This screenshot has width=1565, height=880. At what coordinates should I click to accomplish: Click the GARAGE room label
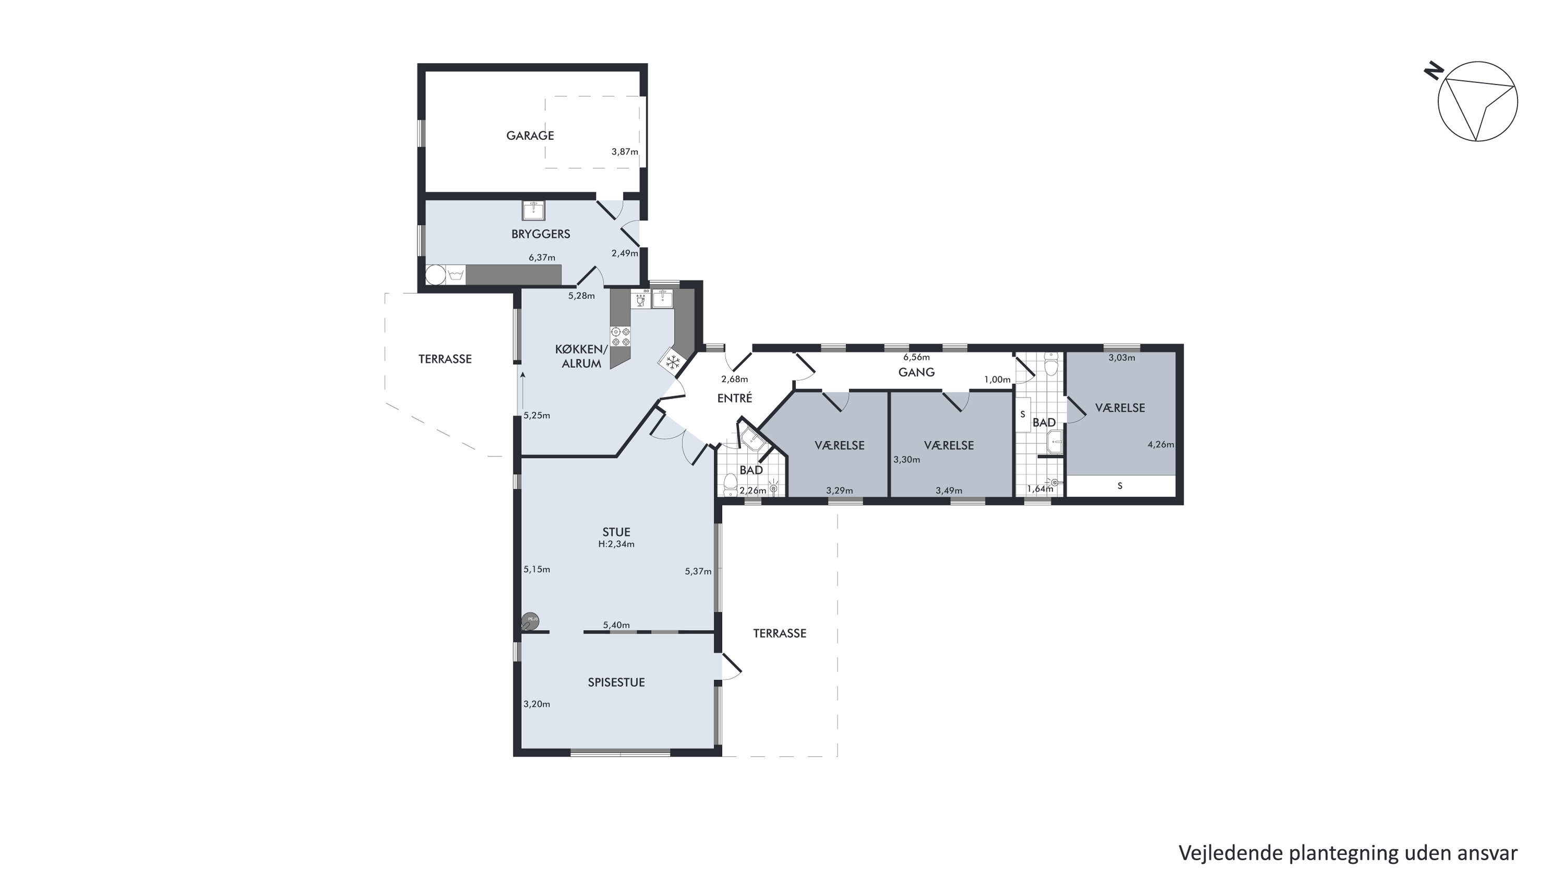click(x=530, y=136)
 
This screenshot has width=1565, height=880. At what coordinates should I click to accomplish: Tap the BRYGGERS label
click(x=541, y=234)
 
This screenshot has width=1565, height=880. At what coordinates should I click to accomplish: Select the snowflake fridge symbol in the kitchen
click(x=673, y=363)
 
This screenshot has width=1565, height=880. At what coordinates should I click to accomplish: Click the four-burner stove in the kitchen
click(x=620, y=336)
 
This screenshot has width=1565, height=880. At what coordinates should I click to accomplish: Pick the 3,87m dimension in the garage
click(x=625, y=152)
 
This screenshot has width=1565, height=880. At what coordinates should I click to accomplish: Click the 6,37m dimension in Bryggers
click(x=542, y=258)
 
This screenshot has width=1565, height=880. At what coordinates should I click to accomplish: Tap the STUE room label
click(x=616, y=532)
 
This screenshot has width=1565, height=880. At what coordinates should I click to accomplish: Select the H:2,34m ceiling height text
click(x=616, y=544)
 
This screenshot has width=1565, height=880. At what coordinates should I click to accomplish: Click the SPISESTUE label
click(x=616, y=682)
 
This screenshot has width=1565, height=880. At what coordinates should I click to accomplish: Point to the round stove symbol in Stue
click(x=530, y=621)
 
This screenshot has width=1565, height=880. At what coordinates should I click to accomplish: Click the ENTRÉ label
click(x=735, y=398)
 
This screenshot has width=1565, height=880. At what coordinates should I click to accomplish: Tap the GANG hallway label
click(x=916, y=372)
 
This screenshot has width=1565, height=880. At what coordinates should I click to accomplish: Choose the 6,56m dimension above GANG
click(x=916, y=357)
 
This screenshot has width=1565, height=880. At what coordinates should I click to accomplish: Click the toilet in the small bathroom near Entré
click(x=730, y=485)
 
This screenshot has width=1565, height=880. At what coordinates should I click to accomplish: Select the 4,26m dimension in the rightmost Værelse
click(x=1161, y=444)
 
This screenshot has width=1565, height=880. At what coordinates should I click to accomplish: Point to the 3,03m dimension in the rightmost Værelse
click(x=1121, y=358)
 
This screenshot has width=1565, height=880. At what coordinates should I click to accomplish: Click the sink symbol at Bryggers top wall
click(x=533, y=210)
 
